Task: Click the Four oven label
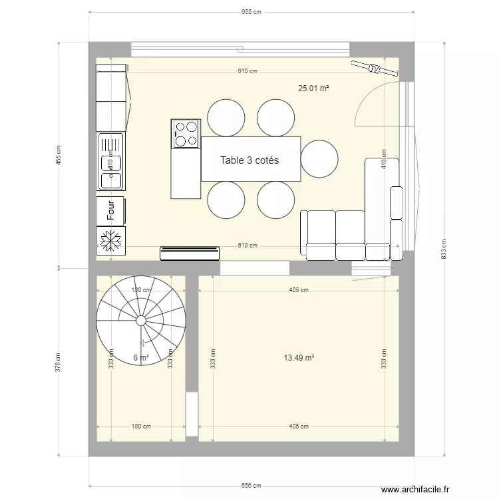point(111,210)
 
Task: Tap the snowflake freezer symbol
point(111,240)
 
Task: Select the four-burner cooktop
point(186,133)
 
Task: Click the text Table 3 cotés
point(249,160)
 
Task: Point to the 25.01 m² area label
point(314,88)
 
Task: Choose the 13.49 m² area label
point(299,357)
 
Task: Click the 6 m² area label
point(140,358)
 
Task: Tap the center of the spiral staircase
point(141,320)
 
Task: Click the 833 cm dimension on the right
point(443,249)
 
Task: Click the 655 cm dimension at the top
point(250,11)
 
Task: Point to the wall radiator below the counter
point(190,253)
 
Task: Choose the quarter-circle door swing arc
point(373,100)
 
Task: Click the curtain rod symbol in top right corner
point(368,67)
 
